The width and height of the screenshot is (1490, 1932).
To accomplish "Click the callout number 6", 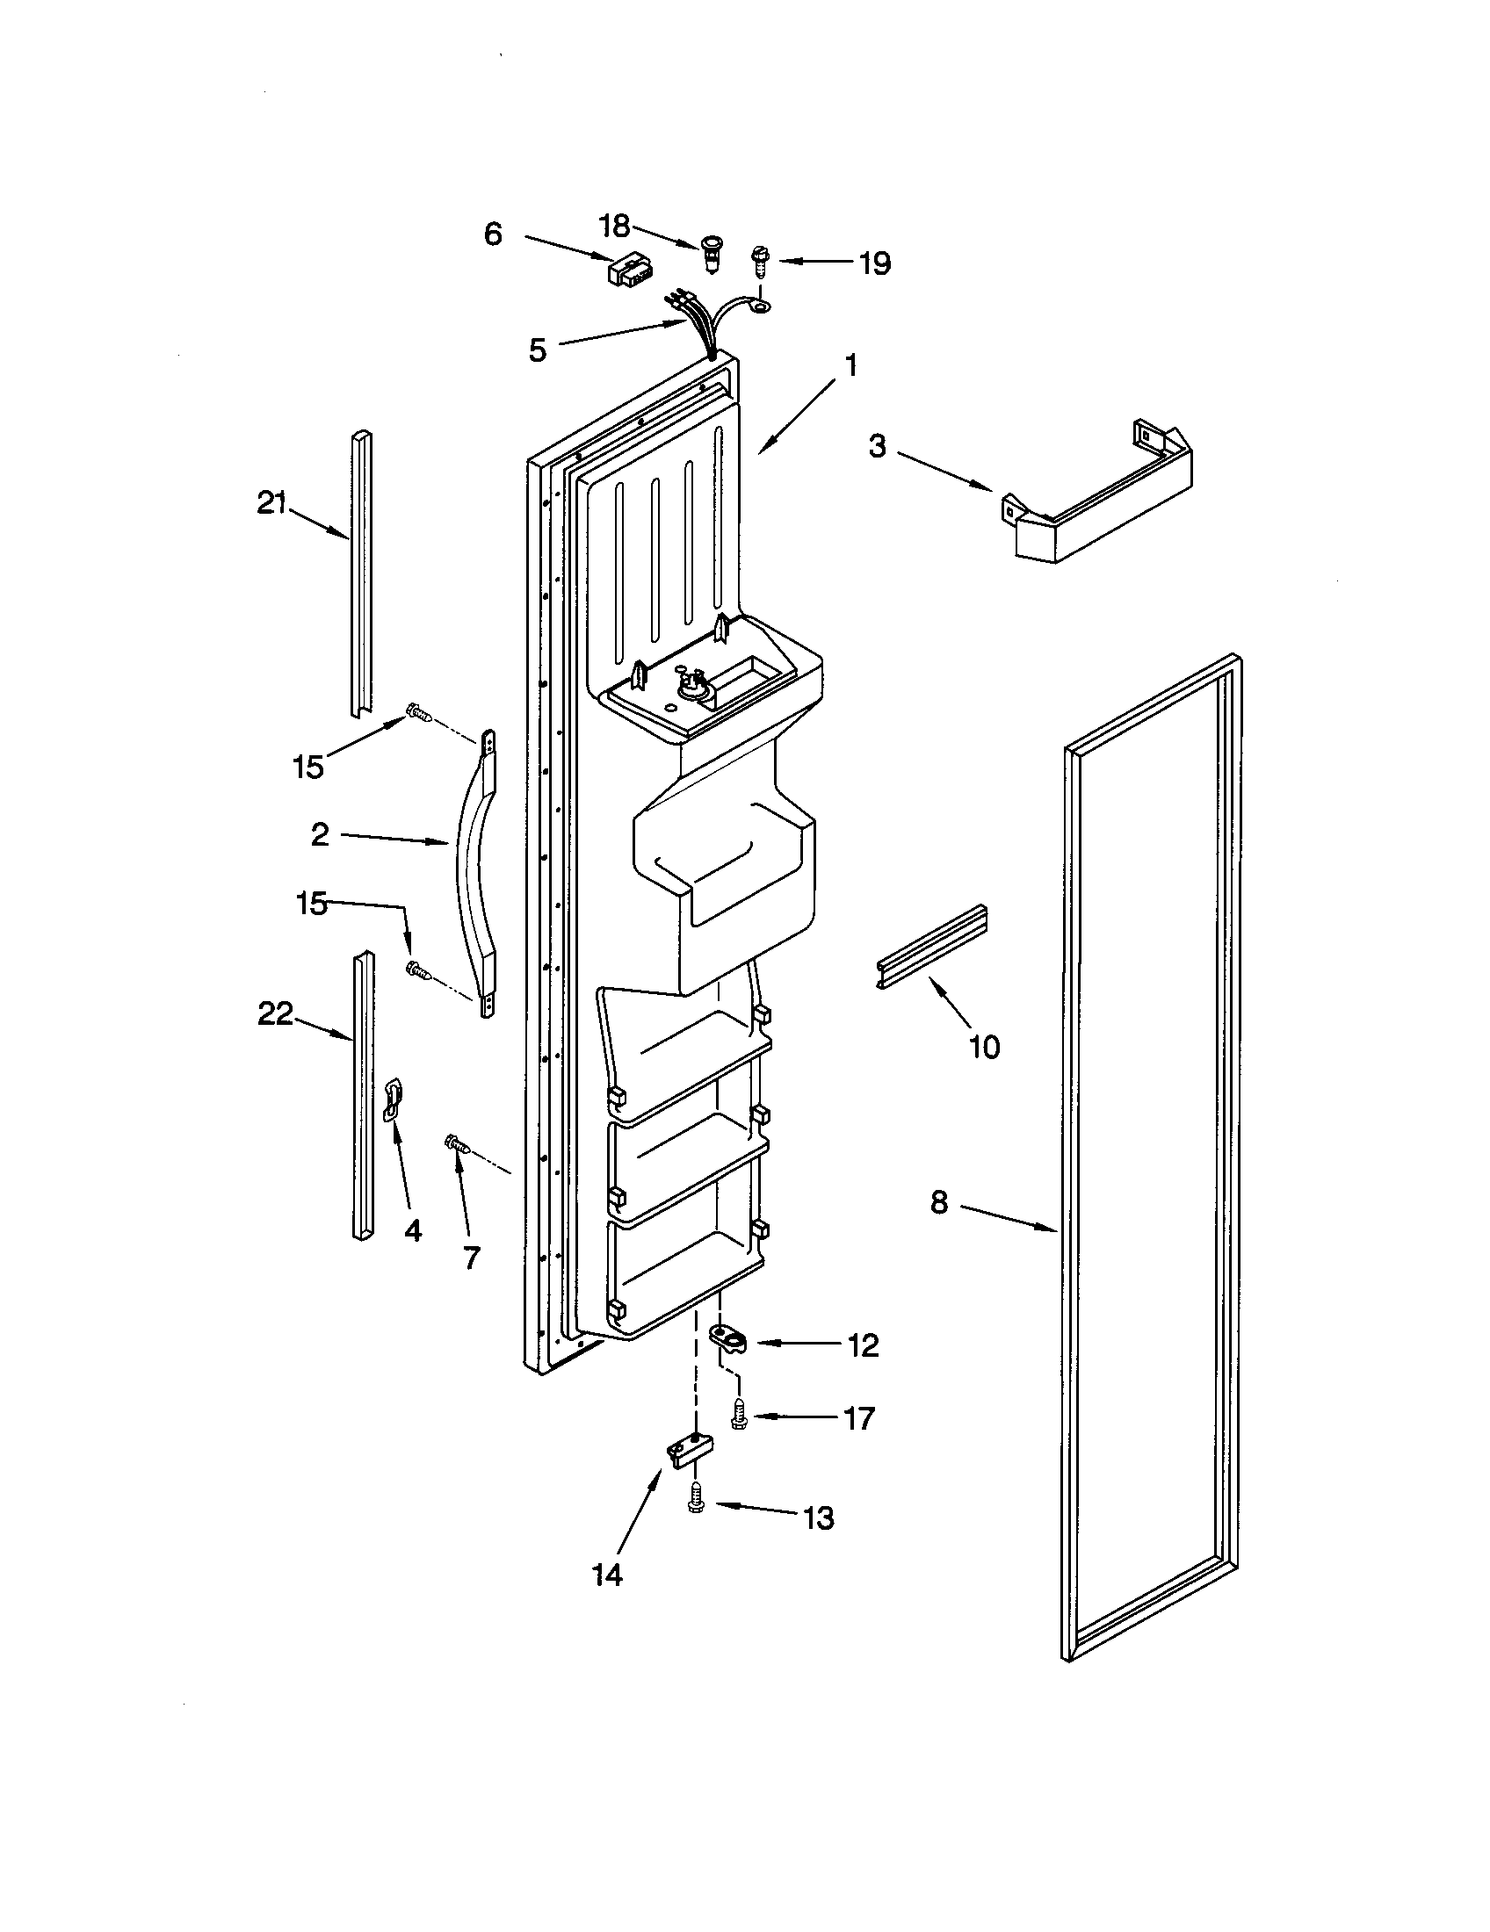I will click(x=493, y=234).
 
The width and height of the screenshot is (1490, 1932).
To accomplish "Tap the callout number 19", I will click(x=875, y=263).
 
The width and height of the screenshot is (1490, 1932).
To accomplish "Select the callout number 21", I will click(x=272, y=503).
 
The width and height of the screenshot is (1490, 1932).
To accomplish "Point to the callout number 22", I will click(x=275, y=1014).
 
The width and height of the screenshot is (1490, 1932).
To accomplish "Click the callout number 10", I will click(x=984, y=1047).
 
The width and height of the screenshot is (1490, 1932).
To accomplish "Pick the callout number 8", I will click(x=939, y=1202).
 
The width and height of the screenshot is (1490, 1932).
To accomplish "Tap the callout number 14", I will click(x=608, y=1575).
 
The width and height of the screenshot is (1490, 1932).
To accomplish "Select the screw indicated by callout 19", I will click(x=759, y=263).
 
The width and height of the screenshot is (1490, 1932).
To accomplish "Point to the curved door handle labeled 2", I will click(x=471, y=871).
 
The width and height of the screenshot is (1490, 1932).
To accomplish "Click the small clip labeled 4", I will click(x=392, y=1099).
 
